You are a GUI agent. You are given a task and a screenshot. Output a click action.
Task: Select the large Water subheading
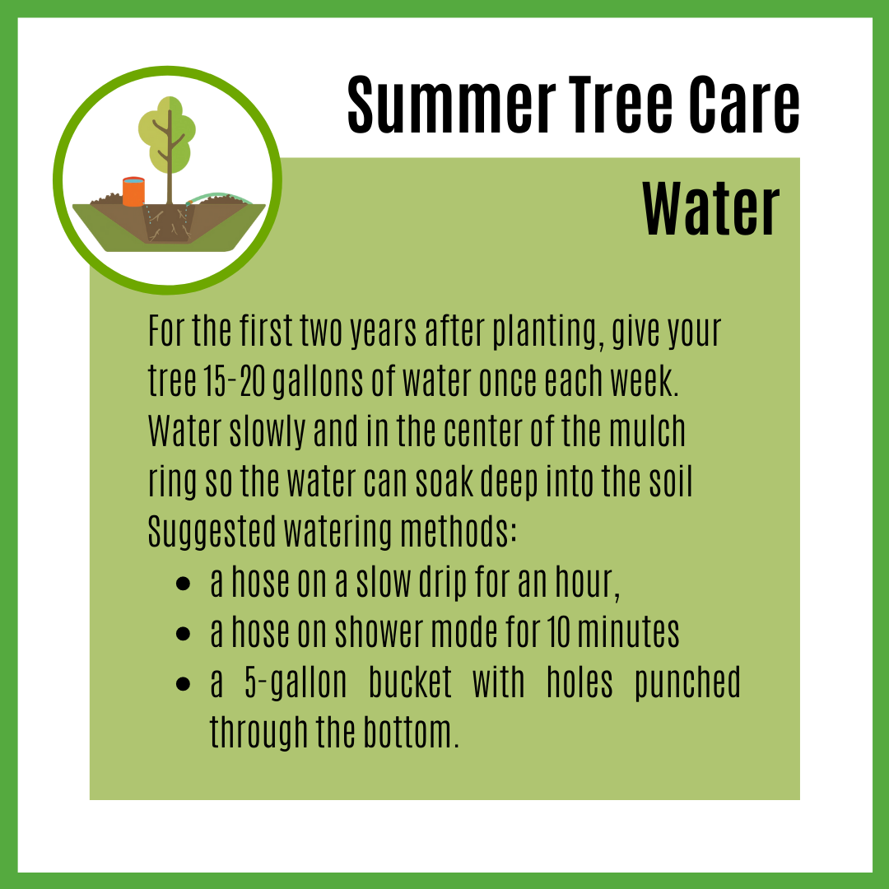pyautogui.click(x=711, y=209)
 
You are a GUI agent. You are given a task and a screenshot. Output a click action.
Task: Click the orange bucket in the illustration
pyautogui.click(x=134, y=192)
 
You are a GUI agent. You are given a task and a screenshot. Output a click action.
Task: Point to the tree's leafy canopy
pyautogui.click(x=167, y=134)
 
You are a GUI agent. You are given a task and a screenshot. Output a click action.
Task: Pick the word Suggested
pyautogui.click(x=212, y=533)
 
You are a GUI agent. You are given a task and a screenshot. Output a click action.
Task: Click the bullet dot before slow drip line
pyautogui.click(x=183, y=584)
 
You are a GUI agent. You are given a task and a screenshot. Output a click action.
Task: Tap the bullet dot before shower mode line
pyautogui.click(x=183, y=633)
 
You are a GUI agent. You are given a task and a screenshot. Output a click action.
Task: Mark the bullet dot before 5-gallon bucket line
pyautogui.click(x=183, y=683)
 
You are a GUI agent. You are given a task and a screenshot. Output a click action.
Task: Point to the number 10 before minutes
pyautogui.click(x=558, y=631)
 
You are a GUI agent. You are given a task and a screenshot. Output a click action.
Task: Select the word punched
pyautogui.click(x=687, y=682)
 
